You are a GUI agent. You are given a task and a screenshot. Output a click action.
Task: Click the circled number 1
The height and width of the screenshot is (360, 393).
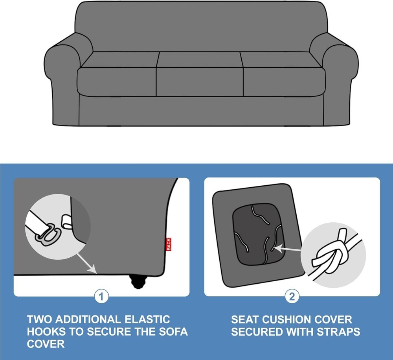pyautogui.click(x=101, y=297)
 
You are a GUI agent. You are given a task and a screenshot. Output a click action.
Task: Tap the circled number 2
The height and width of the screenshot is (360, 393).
pyautogui.click(x=292, y=297)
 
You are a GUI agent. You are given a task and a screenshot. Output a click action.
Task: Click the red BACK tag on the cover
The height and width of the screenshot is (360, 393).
pyautogui.click(x=169, y=244)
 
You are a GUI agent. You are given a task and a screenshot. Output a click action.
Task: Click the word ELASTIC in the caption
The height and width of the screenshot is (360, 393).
pyautogui.click(x=147, y=319)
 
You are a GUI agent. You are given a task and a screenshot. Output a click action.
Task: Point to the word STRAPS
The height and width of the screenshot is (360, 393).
pyautogui.click(x=338, y=332)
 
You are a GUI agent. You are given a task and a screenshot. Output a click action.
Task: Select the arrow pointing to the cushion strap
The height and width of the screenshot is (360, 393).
pyautogui.click(x=288, y=249)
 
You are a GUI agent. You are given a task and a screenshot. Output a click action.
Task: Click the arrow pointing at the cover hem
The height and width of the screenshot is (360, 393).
pyautogui.click(x=86, y=263)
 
